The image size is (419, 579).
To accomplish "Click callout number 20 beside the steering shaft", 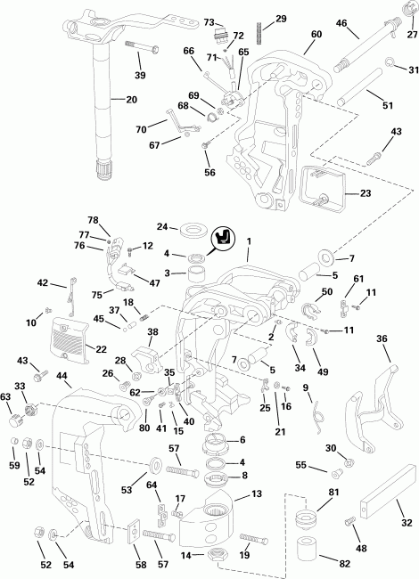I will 131,100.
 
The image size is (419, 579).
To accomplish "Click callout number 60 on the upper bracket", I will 316,35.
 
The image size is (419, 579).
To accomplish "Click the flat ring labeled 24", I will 188,230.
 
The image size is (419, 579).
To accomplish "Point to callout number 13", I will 255,493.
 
